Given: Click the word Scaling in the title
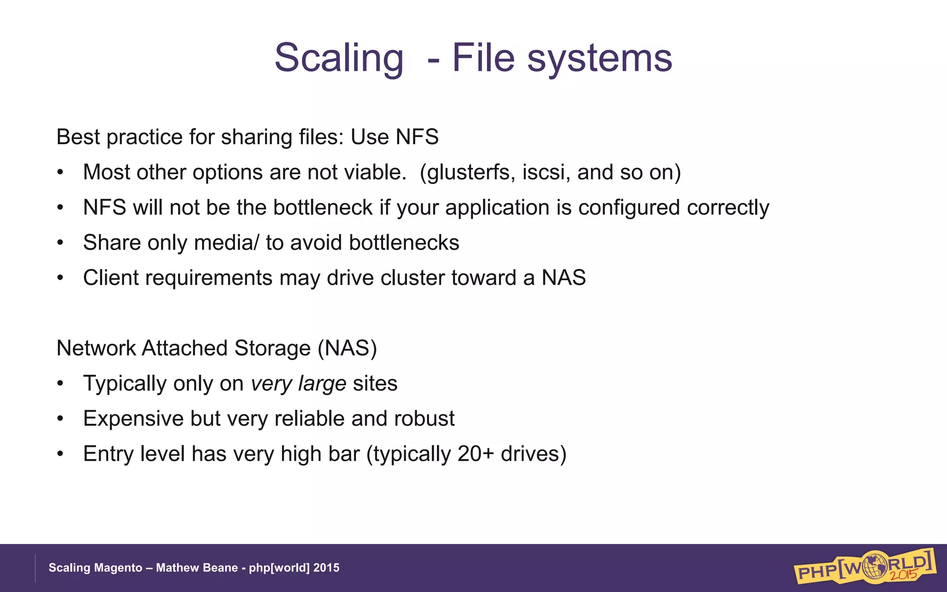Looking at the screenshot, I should coord(339,58).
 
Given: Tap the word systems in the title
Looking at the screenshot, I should coord(600,58).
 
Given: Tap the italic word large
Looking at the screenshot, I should coord(322,384).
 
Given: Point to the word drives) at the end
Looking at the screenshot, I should coord(534,454).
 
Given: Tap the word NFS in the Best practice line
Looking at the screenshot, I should coord(417,137).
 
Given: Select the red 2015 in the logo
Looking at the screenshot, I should coord(904,575).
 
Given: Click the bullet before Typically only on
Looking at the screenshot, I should coord(60,384).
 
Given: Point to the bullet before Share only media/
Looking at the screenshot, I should coord(60,243).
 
